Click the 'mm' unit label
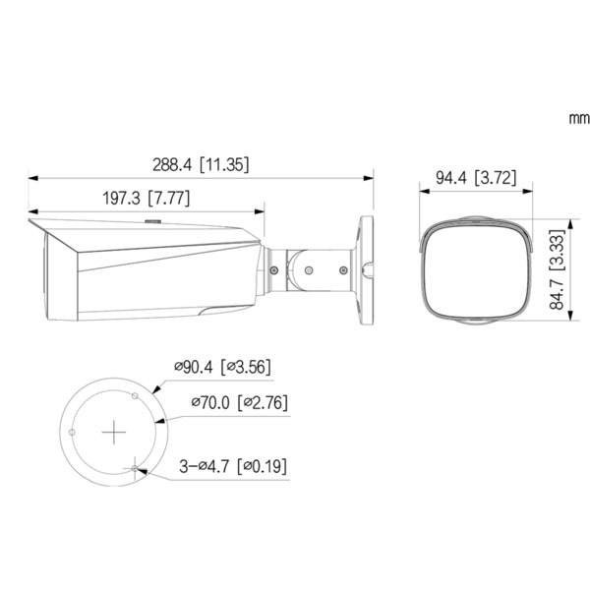pyautogui.click(x=577, y=118)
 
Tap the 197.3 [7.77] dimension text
pyautogui.click(x=147, y=198)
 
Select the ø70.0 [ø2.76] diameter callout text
pyautogui.click(x=238, y=402)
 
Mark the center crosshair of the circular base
pyautogui.click(x=116, y=432)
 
